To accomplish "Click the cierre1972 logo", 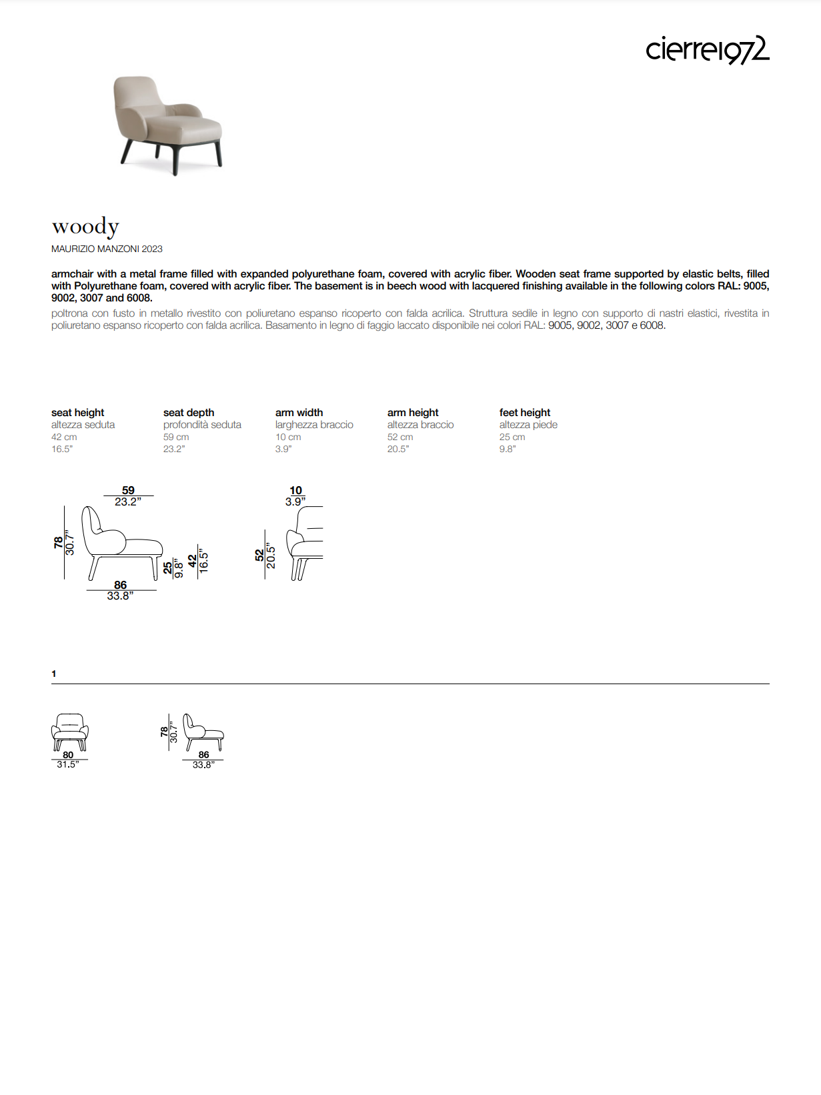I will point(707,50).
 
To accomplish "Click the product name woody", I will point(85,227).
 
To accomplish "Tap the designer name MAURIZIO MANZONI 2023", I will point(107,249).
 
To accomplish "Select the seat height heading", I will point(77,413).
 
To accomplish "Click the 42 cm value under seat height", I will point(64,437).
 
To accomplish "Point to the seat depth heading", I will point(189,413).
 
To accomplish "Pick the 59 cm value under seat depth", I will point(176,437).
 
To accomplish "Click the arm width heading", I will point(299,413).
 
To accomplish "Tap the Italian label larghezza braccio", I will point(314,425).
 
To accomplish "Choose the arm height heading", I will point(413,413).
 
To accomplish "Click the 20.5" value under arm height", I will point(398,449).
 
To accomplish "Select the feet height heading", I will point(525,413).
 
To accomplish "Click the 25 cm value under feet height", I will point(512,437).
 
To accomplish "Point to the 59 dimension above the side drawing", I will point(128,490).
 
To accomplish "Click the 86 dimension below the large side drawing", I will point(120,585).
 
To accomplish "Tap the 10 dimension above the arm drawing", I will point(295,490).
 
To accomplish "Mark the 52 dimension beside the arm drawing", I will point(259,555).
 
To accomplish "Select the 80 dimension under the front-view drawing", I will point(68,755).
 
